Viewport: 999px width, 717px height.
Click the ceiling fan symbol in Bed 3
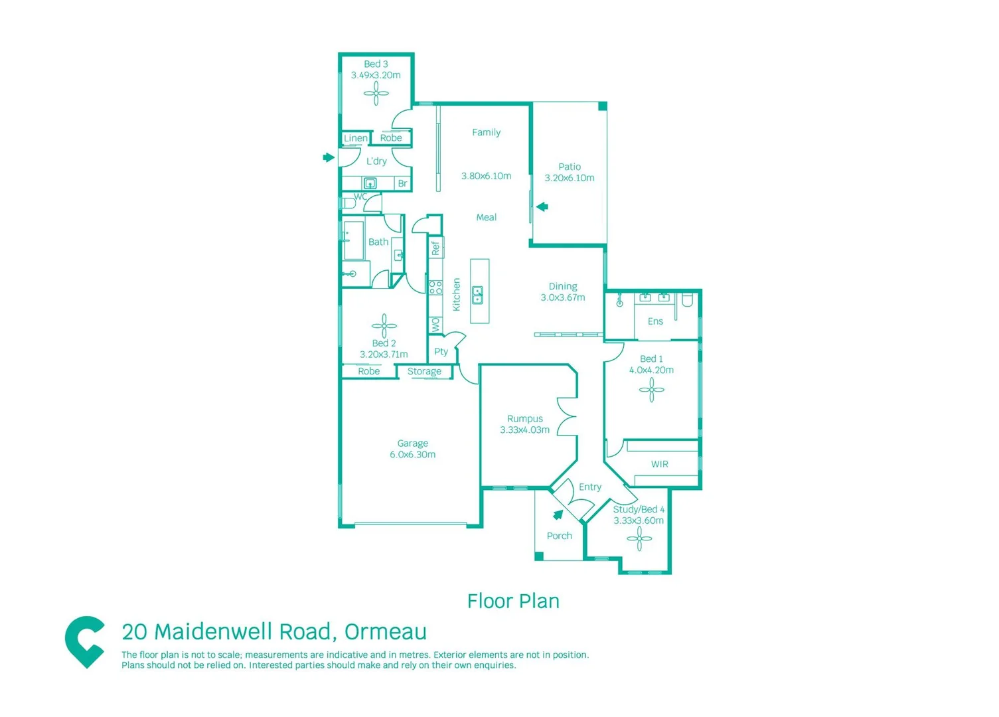click(x=376, y=94)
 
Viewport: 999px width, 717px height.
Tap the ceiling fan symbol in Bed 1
click(x=651, y=390)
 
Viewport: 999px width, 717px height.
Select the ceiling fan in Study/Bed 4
click(x=639, y=539)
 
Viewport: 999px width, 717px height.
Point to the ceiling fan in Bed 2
click(x=384, y=325)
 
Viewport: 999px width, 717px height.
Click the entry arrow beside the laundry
click(x=328, y=157)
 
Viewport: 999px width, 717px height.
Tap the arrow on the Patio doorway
click(x=542, y=206)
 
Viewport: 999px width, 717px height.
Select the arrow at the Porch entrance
click(x=558, y=515)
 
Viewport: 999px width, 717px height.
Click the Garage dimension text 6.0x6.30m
click(x=412, y=455)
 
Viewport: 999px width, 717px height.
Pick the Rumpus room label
click(x=524, y=419)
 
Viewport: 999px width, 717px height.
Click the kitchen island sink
click(x=477, y=294)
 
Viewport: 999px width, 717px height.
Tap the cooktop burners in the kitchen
click(x=435, y=287)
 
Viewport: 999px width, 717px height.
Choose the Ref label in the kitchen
click(x=435, y=248)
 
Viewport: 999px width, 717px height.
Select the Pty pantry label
click(x=441, y=352)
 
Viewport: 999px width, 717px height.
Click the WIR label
click(x=659, y=464)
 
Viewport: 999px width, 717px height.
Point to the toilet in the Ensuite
click(x=687, y=300)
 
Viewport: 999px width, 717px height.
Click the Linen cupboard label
click(x=355, y=138)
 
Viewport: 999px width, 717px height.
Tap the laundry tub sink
click(x=370, y=183)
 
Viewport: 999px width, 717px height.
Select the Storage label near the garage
click(x=424, y=372)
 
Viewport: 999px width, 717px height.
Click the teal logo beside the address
click(x=85, y=641)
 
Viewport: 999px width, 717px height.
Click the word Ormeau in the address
click(x=385, y=631)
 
